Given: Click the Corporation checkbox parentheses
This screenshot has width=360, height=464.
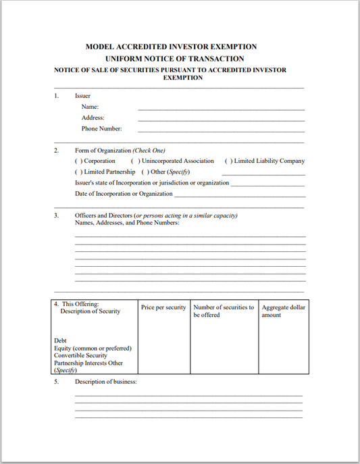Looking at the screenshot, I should pyautogui.click(x=78, y=161).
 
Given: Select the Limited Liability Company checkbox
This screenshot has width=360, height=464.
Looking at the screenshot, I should pyautogui.click(x=228, y=161).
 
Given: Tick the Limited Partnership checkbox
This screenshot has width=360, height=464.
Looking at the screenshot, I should pyautogui.click(x=78, y=172).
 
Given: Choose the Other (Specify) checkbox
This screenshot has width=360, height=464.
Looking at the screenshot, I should pyautogui.click(x=145, y=172).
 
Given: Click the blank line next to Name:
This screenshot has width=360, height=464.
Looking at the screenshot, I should pyautogui.click(x=221, y=108).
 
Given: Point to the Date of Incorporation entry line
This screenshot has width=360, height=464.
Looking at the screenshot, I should pyautogui.click(x=239, y=195).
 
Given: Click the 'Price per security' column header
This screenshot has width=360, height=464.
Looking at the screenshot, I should pyautogui.click(x=163, y=307).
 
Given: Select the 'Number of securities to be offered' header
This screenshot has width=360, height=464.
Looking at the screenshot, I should pyautogui.click(x=224, y=311).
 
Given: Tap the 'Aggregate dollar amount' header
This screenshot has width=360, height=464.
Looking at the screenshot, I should pyautogui.click(x=283, y=311).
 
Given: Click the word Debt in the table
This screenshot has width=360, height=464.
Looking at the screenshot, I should pyautogui.click(x=60, y=340).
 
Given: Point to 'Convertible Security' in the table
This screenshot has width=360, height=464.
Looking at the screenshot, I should pyautogui.click(x=80, y=355).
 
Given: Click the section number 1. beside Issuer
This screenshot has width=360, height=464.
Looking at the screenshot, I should pyautogui.click(x=57, y=96).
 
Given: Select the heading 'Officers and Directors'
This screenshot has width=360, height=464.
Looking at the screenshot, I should pyautogui.click(x=103, y=215).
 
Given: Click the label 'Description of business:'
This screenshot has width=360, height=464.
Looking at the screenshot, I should pyautogui.click(x=106, y=382).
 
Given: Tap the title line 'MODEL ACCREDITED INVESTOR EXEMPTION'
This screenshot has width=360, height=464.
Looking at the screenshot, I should pyautogui.click(x=172, y=47).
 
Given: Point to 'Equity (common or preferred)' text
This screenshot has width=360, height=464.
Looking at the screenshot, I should pyautogui.click(x=93, y=348).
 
